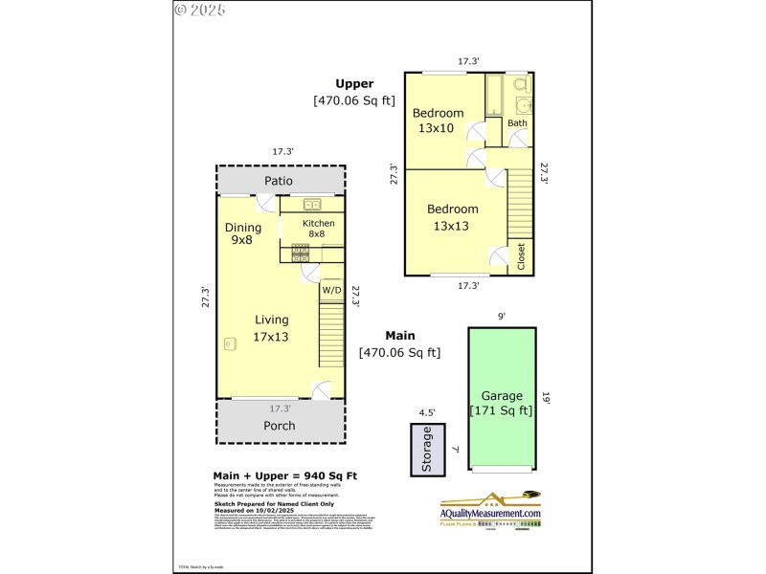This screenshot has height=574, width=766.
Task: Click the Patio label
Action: click(279, 181)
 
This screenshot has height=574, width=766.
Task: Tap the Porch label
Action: click(279, 426)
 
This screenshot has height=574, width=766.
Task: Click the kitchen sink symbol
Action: click(312, 204)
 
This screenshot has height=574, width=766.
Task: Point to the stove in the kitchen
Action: click(300, 253)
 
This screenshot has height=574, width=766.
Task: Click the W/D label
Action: click(331, 290)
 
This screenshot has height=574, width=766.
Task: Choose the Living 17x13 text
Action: click(271, 328)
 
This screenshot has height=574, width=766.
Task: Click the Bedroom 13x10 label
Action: click(439, 121)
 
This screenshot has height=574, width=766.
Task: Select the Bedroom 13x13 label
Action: click(452, 217)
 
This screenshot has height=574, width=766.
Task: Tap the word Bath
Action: click(517, 123)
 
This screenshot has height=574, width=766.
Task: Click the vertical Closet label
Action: click(522, 256)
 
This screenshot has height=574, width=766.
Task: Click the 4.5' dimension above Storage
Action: click(426, 413)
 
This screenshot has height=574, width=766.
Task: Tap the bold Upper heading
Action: click(354, 83)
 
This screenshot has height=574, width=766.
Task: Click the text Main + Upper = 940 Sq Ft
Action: click(284, 475)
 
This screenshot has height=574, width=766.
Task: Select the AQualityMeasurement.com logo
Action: click(490, 508)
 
